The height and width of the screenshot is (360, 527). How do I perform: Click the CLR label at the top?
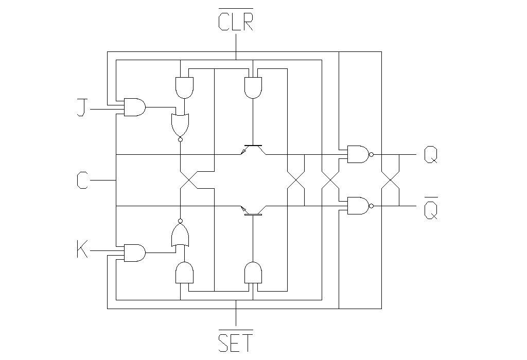coord(236,22)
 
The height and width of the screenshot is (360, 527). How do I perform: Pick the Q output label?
coord(431,154)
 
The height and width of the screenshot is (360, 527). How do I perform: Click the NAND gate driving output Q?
coord(359,154)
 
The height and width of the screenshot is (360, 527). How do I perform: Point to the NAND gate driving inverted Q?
coord(359,206)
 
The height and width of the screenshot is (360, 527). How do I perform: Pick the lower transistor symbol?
coord(253,210)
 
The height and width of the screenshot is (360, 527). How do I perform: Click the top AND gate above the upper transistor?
coord(253,87)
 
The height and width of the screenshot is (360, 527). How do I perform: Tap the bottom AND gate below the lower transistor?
coord(253,273)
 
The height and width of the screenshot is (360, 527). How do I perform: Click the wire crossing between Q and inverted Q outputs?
coord(390,180)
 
